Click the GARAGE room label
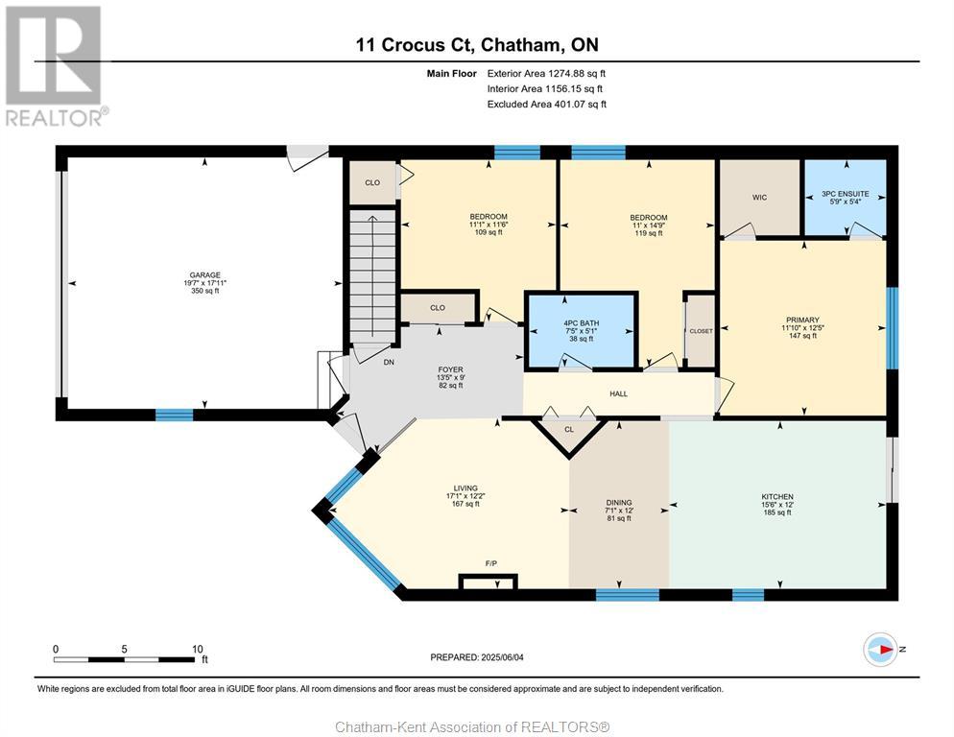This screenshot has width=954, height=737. click(x=205, y=275)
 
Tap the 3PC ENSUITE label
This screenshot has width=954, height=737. click(x=846, y=194)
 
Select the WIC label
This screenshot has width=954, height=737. click(x=759, y=197)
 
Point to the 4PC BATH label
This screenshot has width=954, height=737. click(x=581, y=323)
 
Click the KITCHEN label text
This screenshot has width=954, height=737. click(x=777, y=496)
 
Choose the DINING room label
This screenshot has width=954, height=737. click(x=619, y=503)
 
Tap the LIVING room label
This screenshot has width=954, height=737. click(x=465, y=488)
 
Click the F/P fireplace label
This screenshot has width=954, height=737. click(x=491, y=563)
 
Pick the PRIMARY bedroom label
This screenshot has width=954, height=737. click(x=802, y=320)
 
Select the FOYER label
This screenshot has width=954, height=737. click(x=450, y=369)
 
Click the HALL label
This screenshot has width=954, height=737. click(x=618, y=393)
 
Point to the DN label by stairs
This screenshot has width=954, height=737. click(x=389, y=362)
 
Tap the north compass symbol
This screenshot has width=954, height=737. click(x=880, y=650)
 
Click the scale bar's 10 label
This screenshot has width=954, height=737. click(x=197, y=649)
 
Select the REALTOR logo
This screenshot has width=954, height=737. click(x=56, y=65)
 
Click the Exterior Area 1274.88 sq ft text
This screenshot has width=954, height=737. click(x=546, y=73)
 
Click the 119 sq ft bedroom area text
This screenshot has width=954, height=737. click(x=649, y=232)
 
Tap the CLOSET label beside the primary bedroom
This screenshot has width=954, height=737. click(x=701, y=331)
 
